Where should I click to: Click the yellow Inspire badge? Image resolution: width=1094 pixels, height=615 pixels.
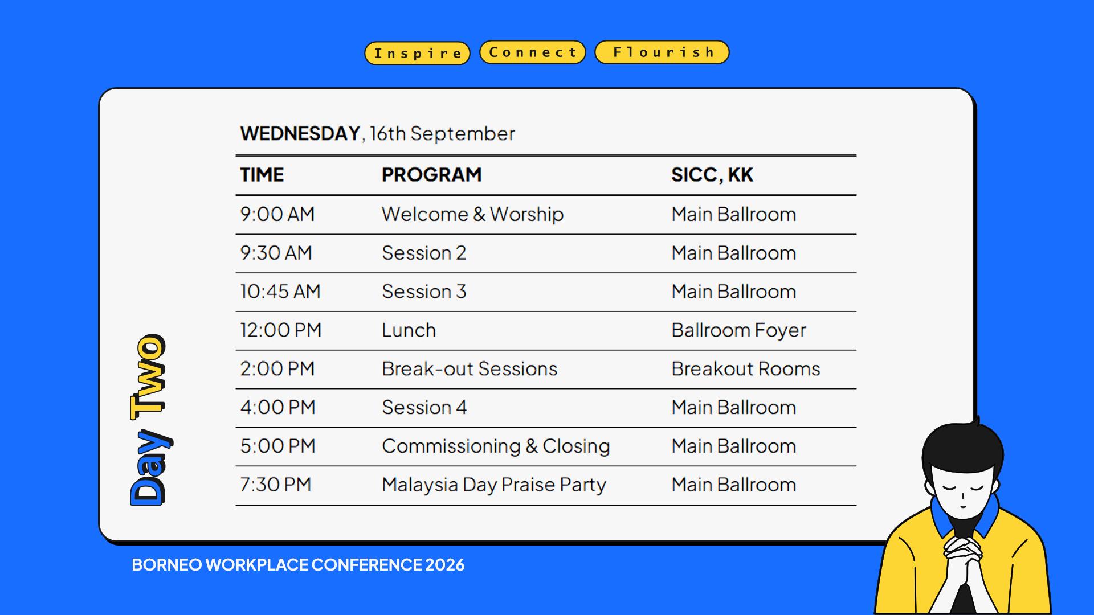coord(417,53)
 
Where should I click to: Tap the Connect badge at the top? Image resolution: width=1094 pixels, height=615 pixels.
coord(533,52)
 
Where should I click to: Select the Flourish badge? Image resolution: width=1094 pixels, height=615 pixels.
coord(662,52)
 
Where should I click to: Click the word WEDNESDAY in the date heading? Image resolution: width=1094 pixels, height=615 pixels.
coord(300,133)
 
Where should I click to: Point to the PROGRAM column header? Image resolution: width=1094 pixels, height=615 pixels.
coord(432,174)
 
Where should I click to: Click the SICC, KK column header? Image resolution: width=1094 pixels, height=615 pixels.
coord(712,174)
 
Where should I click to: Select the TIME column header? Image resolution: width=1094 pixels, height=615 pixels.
coord(262,174)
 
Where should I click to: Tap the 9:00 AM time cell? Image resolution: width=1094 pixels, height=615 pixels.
coord(277,214)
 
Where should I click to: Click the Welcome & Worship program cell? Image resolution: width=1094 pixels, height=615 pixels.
coord(473,214)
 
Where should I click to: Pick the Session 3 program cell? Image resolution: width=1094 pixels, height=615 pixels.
coord(424,292)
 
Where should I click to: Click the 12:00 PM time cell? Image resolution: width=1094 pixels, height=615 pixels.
coord(281,330)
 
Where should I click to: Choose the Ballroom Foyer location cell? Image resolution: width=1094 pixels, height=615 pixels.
coord(738,330)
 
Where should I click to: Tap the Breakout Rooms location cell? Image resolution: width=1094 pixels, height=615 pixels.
coord(746,369)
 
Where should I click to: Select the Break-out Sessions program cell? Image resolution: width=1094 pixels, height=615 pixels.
coord(470,369)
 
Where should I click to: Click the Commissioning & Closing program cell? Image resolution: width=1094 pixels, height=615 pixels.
coord(496,446)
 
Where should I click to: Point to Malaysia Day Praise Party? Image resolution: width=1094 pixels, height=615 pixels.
coord(494,485)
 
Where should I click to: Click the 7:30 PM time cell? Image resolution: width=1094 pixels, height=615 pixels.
coord(276,485)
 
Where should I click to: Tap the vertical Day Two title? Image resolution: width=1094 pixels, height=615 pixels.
coord(149,420)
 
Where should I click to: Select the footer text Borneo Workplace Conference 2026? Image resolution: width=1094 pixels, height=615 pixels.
coord(298,565)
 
